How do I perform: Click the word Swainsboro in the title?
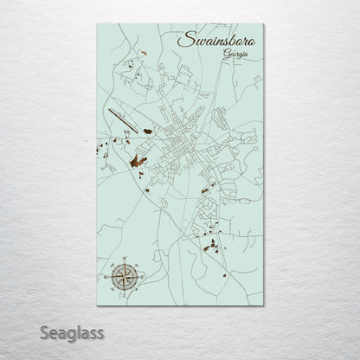coord(216,41)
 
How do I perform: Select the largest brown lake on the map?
coord(135,161)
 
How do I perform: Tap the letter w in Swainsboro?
coord(195,42)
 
